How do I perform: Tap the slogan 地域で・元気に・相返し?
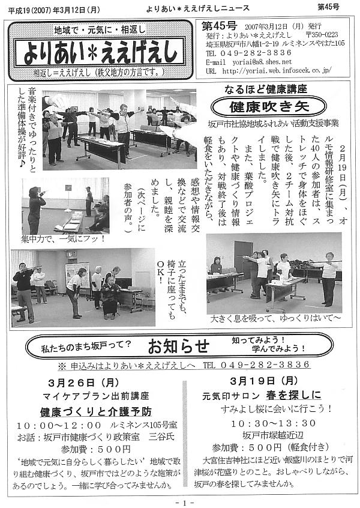[x=100, y=29]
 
